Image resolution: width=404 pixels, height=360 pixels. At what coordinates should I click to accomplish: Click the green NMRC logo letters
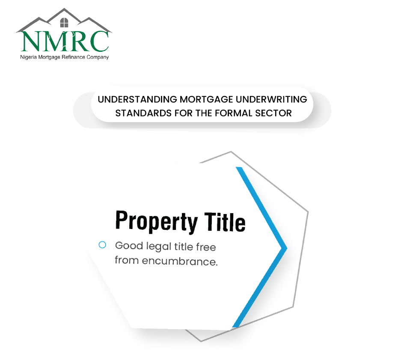65,41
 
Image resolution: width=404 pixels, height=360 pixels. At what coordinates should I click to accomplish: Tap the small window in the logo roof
64,23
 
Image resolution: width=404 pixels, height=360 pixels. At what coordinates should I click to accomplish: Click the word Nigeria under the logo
28,57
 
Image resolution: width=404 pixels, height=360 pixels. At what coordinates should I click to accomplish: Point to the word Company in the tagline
98,57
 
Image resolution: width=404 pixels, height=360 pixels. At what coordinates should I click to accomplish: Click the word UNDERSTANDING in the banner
137,99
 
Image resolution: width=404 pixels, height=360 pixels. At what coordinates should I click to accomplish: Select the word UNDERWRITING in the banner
271,99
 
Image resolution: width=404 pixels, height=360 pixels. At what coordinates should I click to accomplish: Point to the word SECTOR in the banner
273,113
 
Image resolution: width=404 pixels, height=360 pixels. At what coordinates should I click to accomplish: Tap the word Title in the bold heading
225,222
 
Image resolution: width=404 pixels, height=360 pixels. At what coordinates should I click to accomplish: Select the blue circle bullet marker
102,245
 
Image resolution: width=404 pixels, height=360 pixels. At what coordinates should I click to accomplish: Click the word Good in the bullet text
129,246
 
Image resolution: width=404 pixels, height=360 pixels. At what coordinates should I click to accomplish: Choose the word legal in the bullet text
159,247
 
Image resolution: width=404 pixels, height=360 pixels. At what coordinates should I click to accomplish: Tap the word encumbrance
180,261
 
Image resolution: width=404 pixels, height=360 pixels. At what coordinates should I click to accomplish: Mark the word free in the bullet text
206,247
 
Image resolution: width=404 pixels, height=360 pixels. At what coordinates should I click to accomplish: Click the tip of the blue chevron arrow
287,248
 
